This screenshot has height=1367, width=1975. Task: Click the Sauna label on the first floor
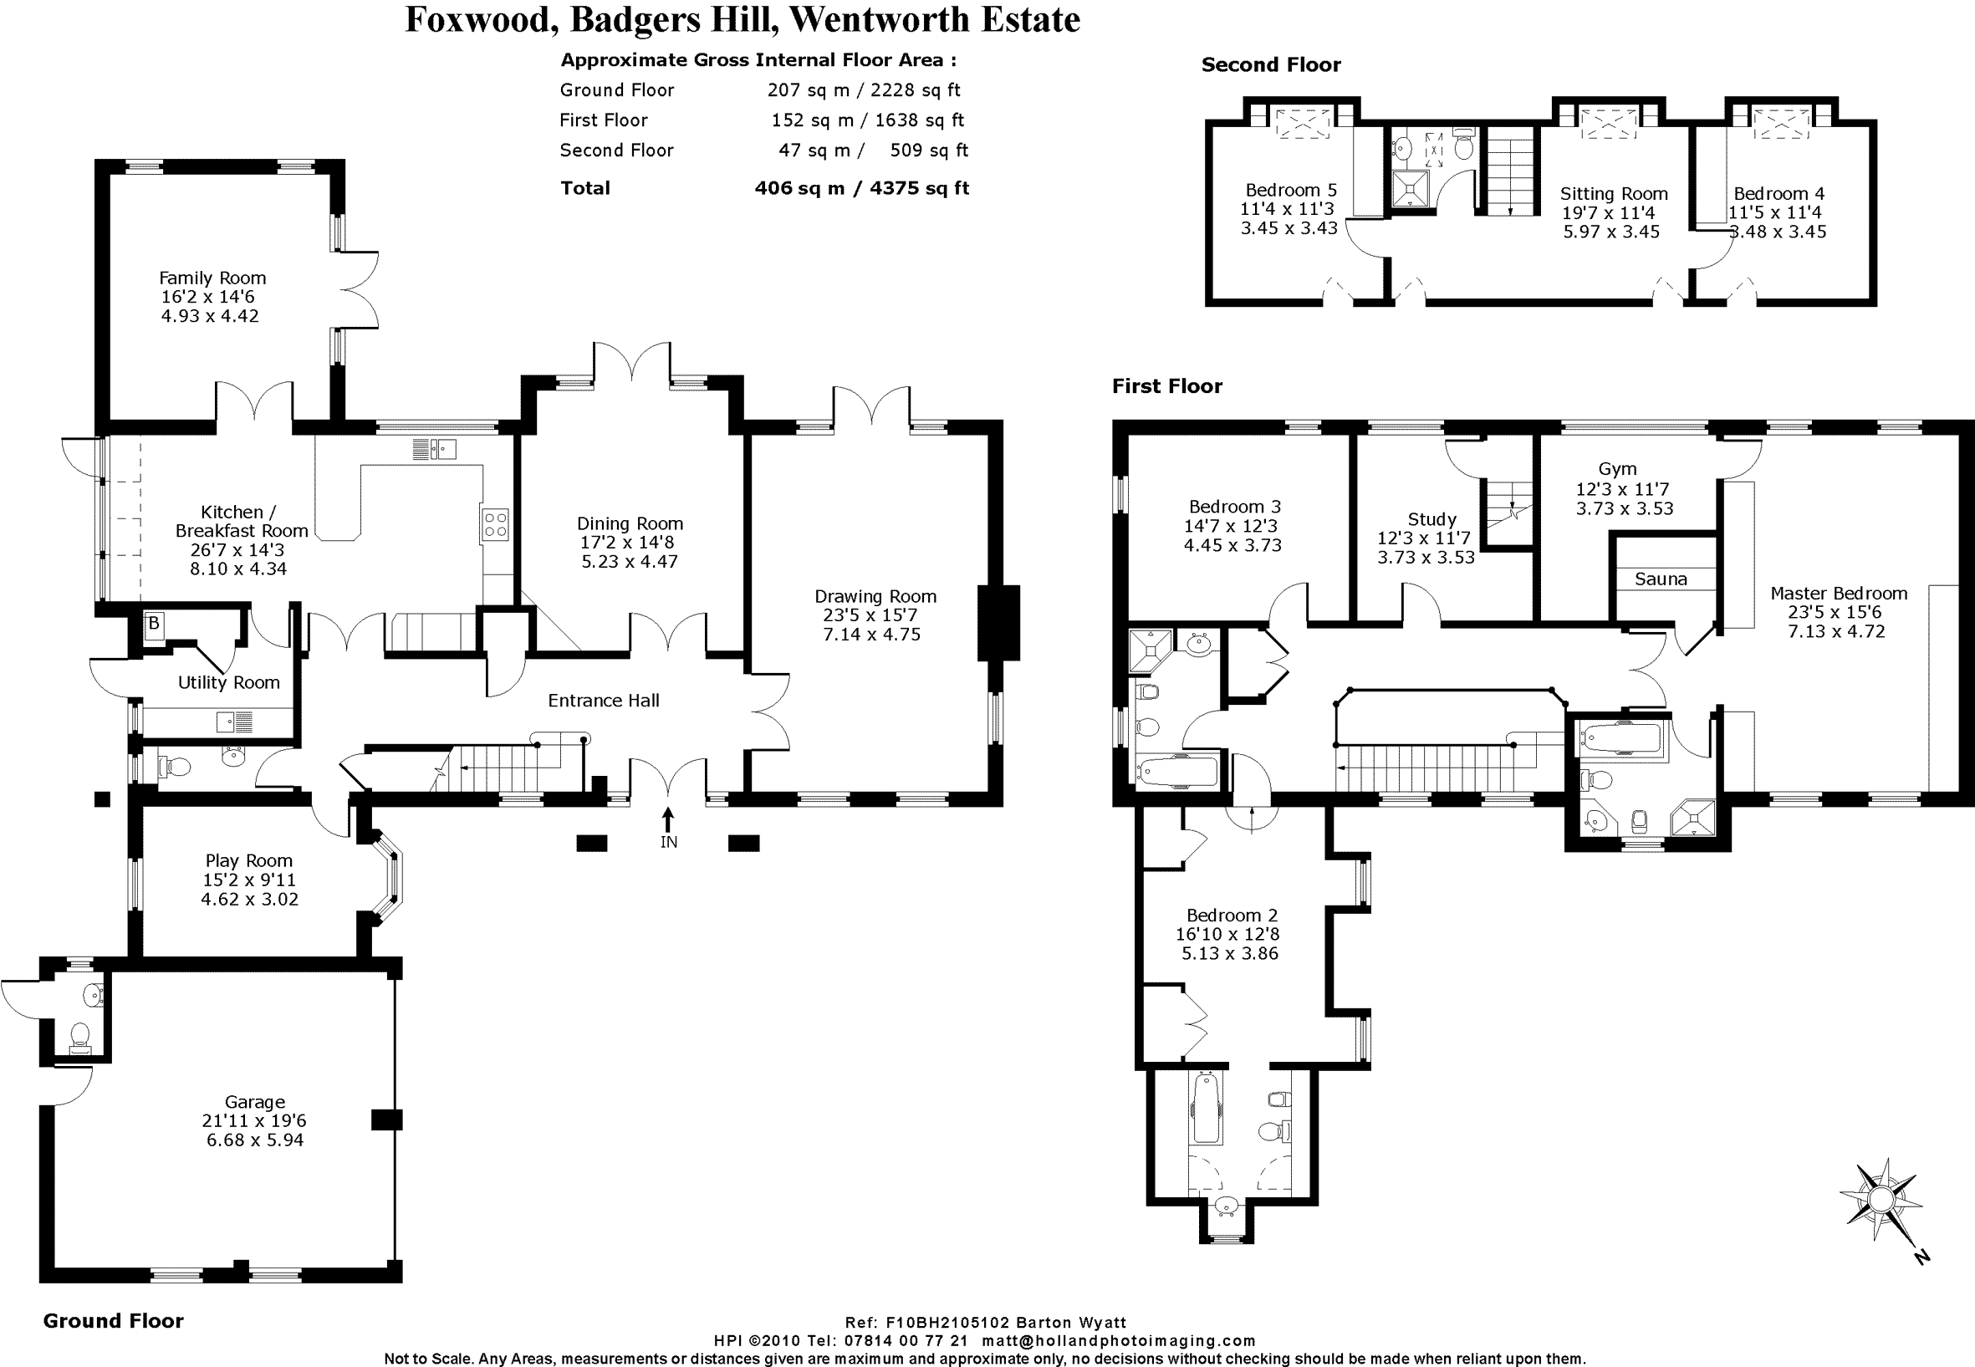[1660, 579]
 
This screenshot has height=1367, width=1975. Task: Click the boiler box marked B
[153, 624]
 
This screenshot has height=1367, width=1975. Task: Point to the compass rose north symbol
[1880, 1199]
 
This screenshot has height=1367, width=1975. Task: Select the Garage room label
[254, 1102]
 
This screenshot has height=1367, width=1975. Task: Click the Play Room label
[248, 861]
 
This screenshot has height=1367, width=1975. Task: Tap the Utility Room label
[228, 682]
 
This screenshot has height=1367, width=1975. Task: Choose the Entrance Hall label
[603, 701]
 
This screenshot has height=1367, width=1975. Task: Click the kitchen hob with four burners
[496, 524]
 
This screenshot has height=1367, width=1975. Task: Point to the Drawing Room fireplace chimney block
[998, 623]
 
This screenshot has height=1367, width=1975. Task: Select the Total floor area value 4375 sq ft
[919, 188]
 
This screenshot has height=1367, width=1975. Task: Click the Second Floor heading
[1270, 65]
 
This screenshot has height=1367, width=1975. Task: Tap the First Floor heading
[1166, 386]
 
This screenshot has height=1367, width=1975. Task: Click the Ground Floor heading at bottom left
[113, 1321]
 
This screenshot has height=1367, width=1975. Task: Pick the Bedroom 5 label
[1290, 190]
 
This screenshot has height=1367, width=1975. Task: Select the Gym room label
[1617, 469]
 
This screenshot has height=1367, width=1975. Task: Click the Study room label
[1431, 519]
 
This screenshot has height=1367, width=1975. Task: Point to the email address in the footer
[1119, 1340]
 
